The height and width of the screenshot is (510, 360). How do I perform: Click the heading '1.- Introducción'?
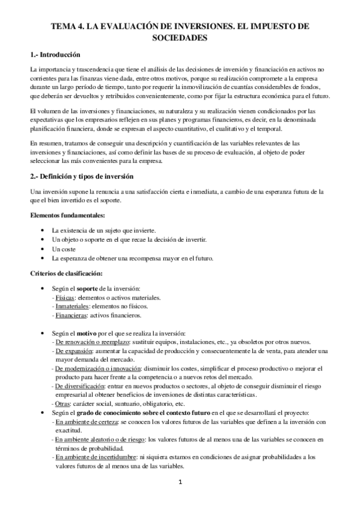click(x=55, y=55)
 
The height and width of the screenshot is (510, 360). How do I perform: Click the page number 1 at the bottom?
click(x=180, y=483)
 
